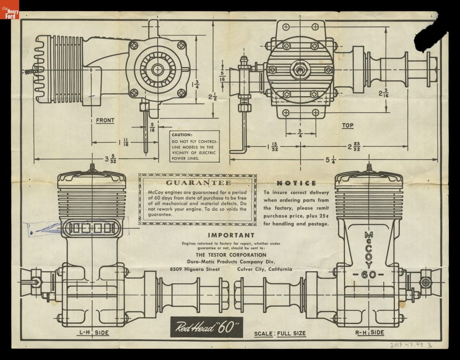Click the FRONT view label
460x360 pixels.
click(x=105, y=120)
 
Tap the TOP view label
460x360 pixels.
click(x=348, y=125)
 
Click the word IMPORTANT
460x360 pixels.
click(x=231, y=235)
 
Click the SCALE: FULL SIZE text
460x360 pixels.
click(x=280, y=333)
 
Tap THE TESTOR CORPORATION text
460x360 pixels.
click(x=231, y=255)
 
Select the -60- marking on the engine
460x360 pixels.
click(x=368, y=275)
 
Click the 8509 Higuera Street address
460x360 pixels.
click(x=195, y=269)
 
